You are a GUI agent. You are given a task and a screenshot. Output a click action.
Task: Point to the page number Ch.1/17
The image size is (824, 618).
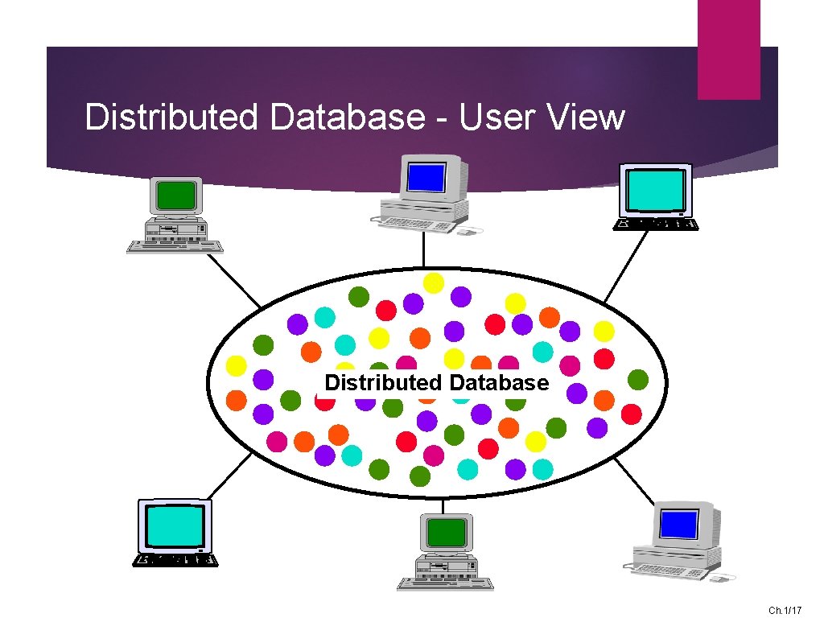click(x=785, y=611)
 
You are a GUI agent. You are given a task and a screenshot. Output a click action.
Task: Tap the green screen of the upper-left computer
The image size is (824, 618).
click(x=176, y=196)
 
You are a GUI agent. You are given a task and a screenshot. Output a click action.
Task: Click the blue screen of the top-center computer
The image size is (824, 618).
click(x=426, y=175)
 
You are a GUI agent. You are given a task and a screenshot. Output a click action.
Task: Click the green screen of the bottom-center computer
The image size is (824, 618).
click(x=447, y=533)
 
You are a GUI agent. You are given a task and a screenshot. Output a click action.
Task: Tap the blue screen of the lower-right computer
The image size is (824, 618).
click(x=678, y=524)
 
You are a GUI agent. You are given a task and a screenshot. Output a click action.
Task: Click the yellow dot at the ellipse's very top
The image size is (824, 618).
click(x=434, y=282)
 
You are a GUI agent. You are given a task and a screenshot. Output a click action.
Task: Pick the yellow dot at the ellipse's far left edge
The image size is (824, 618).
click(x=236, y=366)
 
